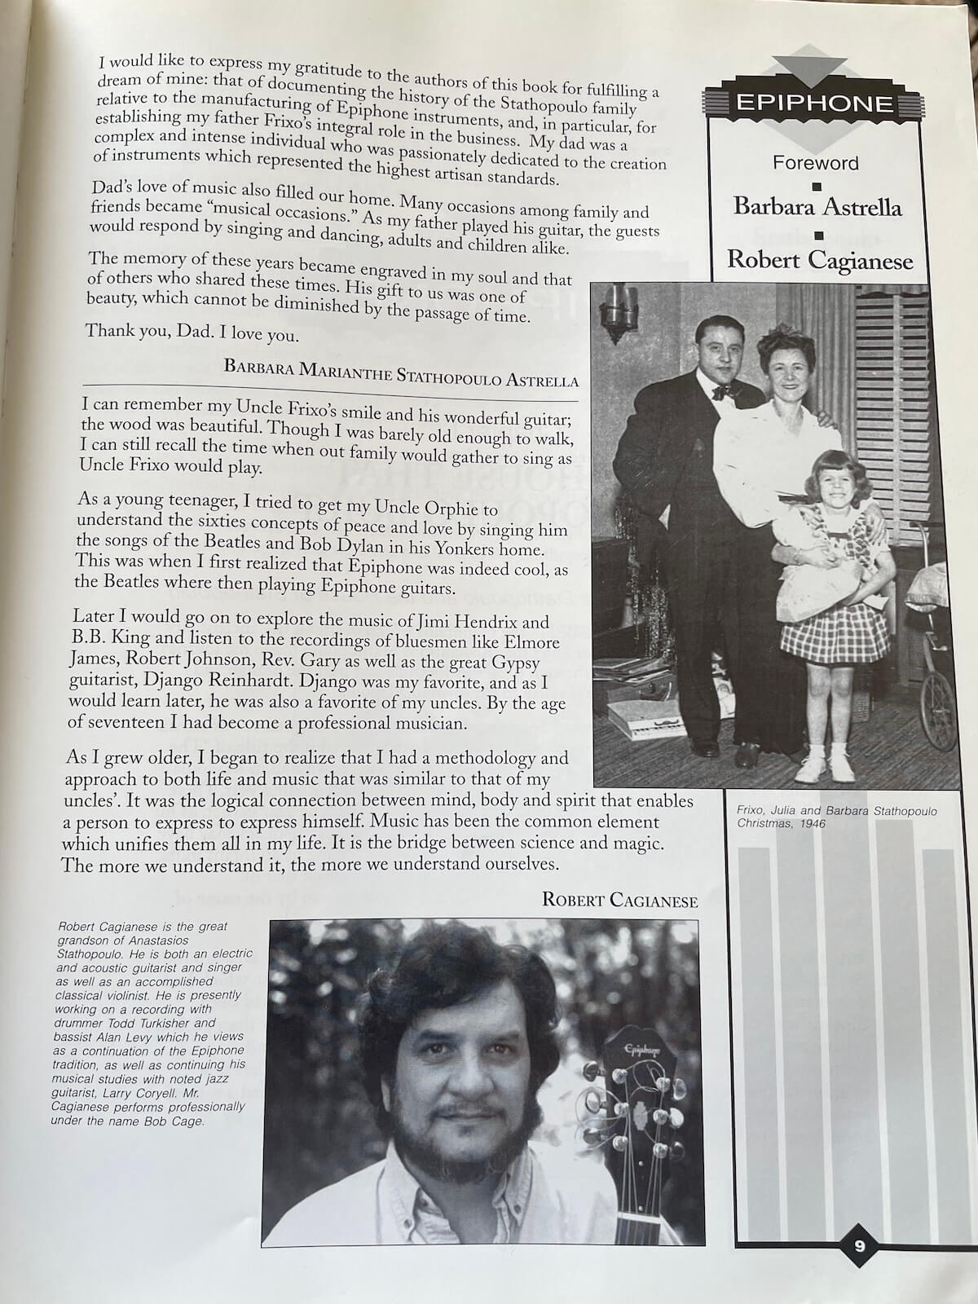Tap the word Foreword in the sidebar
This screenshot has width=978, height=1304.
coord(815,162)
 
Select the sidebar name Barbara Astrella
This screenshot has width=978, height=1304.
coord(817,207)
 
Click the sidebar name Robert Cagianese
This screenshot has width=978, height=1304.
coord(819,260)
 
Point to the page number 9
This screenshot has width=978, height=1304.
coord(860,1245)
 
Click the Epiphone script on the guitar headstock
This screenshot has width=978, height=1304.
coord(641,1051)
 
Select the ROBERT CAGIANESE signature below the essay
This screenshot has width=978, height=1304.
coord(619,900)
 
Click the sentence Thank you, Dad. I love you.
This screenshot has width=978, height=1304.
coord(192,333)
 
